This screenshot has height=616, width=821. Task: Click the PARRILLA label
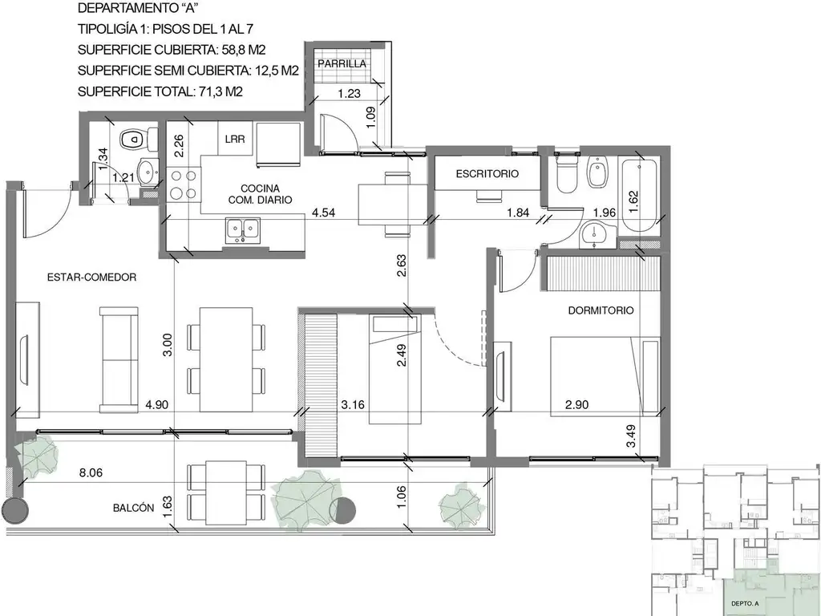[342, 63]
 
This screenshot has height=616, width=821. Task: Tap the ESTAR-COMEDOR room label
[91, 277]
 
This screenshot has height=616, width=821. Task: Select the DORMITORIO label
[601, 310]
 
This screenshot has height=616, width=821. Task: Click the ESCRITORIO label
[487, 173]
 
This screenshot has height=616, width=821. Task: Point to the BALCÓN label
[133, 508]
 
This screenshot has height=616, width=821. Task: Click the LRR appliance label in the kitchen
[234, 139]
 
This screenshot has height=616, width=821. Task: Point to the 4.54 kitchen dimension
[322, 213]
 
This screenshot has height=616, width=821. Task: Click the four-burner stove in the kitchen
[184, 186]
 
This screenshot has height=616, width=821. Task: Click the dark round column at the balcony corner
[15, 509]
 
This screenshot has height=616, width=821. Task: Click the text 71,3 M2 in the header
[219, 91]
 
